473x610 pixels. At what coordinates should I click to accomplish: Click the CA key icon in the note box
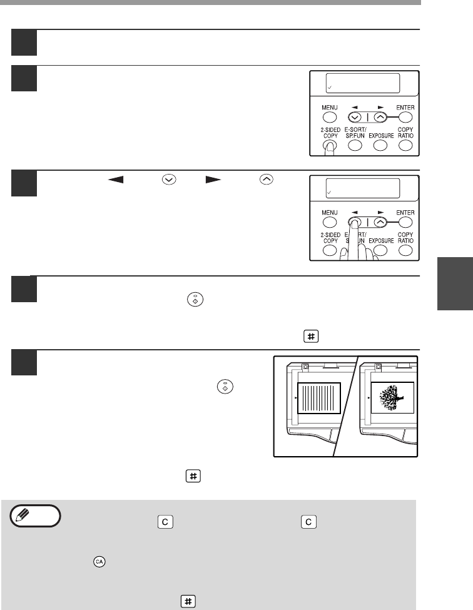pos(99,562)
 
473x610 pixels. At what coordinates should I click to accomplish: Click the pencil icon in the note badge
pos(22,516)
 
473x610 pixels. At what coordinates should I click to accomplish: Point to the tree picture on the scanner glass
pos(392,397)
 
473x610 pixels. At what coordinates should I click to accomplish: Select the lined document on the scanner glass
pos(319,398)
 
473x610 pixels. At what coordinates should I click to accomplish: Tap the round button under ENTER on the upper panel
pos(405,117)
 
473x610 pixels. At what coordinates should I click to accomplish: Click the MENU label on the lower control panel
pos(330,213)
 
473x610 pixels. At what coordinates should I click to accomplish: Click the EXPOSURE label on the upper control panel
pos(381,135)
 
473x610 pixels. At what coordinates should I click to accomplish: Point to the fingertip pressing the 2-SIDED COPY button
pos(330,146)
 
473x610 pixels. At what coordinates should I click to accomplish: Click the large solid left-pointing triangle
pos(116,180)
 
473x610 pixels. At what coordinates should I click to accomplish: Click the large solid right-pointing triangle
pos(213,180)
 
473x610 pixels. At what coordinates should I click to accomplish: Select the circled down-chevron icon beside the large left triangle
pos(169,180)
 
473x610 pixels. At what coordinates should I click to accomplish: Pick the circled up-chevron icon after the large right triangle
pos(266,180)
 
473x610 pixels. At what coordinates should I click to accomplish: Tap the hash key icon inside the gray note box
pos(188,601)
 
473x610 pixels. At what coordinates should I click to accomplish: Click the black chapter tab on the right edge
pos(455,283)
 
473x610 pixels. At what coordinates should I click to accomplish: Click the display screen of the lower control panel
pos(362,188)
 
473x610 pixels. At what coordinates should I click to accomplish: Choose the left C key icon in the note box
pos(165,522)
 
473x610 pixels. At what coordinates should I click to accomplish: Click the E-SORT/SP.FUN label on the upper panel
pos(355,133)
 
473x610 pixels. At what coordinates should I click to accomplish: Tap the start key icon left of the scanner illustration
pos(225,387)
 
